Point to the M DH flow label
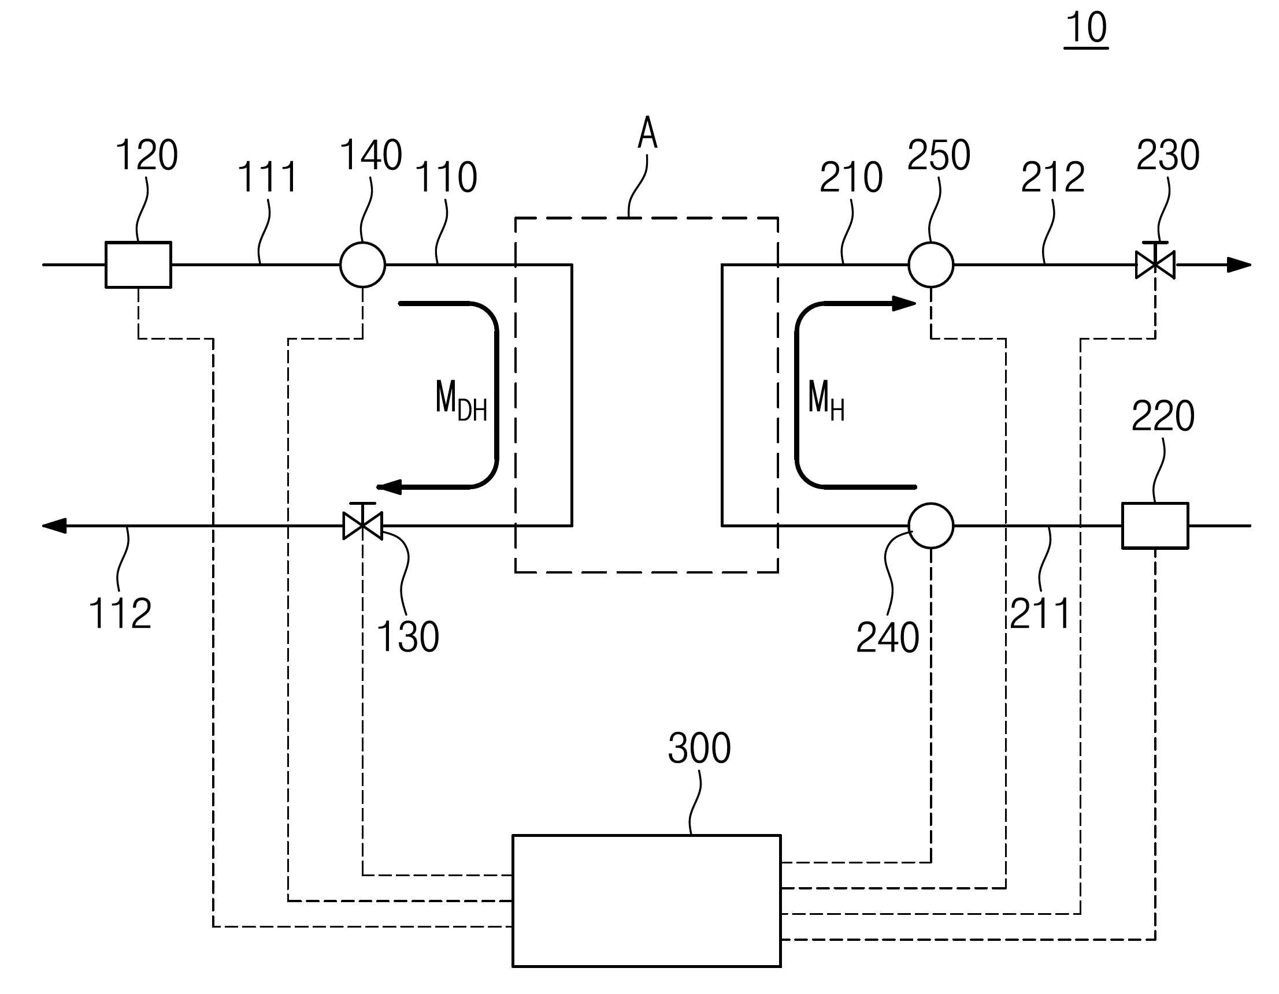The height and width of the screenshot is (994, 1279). [461, 400]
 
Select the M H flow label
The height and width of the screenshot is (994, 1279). [826, 400]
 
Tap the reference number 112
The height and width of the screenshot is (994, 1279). [121, 613]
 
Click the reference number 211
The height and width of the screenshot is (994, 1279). [1041, 613]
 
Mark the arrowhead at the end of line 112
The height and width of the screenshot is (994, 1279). [54, 526]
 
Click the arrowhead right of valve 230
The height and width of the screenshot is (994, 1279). [1239, 265]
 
